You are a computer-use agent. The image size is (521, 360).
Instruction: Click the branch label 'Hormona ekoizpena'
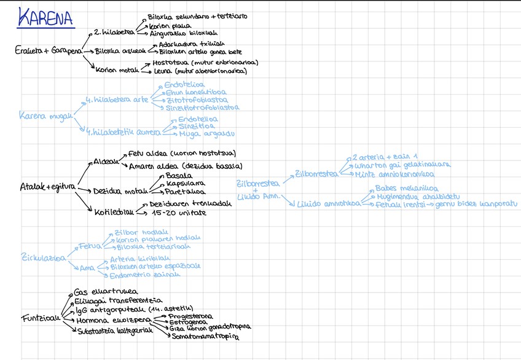[x=113, y=320]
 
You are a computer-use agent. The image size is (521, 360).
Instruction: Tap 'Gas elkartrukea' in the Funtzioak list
[x=106, y=292]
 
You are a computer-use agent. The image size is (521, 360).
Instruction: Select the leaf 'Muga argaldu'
[x=206, y=133]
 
